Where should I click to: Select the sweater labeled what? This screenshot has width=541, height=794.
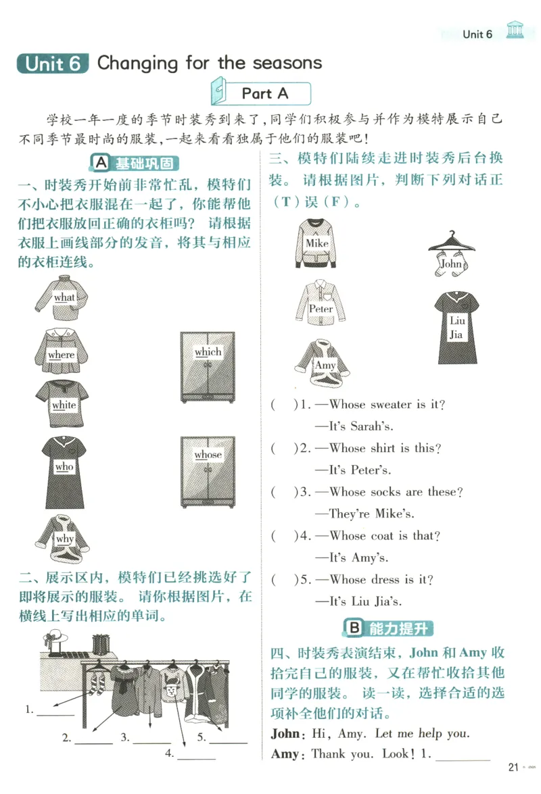pos(63,298)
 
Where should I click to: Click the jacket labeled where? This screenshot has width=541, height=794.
pos(63,350)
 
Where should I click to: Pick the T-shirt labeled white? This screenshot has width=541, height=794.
pos(62,403)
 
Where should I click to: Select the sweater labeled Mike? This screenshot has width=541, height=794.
pos(316,243)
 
